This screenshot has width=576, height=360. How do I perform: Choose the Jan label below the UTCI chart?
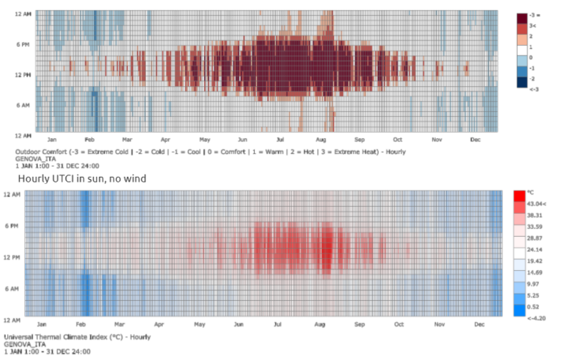(x=41, y=324)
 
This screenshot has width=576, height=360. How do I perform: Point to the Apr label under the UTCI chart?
(x=159, y=324)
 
